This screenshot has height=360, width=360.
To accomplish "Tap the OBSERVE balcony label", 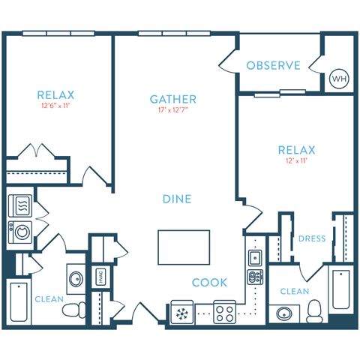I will pos(273,65).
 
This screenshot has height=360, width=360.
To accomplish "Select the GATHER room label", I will pos(173,99).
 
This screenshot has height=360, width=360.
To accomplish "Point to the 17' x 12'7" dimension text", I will pos(173,111).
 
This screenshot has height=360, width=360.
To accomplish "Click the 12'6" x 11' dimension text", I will pos(55,106).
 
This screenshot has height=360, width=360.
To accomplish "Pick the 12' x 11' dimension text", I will pos(296,161).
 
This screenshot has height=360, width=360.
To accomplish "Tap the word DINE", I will pos(177,199).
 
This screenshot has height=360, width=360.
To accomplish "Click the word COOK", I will pos(209,283).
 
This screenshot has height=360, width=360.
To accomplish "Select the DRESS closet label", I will pos(311,239).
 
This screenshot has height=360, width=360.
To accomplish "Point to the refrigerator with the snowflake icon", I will pos(181,311).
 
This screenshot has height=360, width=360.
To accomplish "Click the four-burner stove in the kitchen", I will pos(224,311).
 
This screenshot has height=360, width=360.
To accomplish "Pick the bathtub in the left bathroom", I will pos(17,304).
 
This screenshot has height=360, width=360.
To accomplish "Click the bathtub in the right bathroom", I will pos(341,289).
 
